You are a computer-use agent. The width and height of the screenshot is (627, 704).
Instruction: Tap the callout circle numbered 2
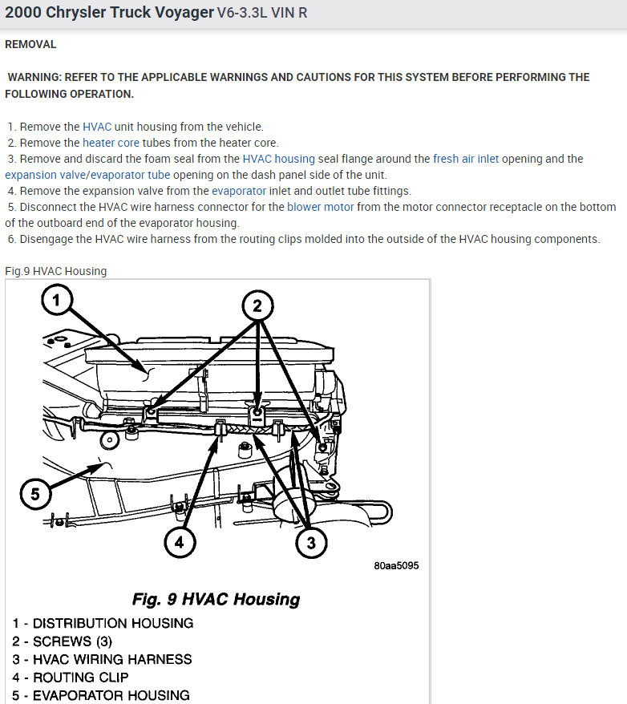pyautogui.click(x=257, y=305)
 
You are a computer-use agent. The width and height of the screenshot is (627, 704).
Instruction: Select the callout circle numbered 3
pyautogui.click(x=311, y=543)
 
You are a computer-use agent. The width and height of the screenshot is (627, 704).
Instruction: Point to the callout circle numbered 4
pyautogui.click(x=180, y=542)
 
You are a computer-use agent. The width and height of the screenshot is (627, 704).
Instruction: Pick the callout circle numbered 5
pyautogui.click(x=34, y=494)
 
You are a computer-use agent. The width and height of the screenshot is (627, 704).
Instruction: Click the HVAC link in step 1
pyautogui.click(x=97, y=127)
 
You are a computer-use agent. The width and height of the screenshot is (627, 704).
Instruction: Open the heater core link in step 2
pyautogui.click(x=112, y=143)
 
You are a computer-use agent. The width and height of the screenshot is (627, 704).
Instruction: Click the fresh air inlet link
pyautogui.click(x=466, y=159)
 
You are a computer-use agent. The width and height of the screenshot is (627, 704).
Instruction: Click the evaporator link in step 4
pyautogui.click(x=239, y=191)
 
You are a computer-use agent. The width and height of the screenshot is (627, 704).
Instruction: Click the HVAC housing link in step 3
pyautogui.click(x=279, y=159)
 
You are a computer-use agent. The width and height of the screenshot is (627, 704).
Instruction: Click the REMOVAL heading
pyautogui.click(x=30, y=44)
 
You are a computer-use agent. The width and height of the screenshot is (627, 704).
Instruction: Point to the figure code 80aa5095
pyautogui.click(x=396, y=566)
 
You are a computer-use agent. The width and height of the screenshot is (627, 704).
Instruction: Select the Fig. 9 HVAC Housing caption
pyautogui.click(x=216, y=599)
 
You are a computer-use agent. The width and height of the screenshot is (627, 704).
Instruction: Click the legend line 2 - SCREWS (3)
pyautogui.click(x=63, y=641)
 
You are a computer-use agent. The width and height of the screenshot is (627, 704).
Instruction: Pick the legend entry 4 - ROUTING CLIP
pyautogui.click(x=81, y=678)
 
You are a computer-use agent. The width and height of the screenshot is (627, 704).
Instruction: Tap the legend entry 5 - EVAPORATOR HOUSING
pyautogui.click(x=101, y=695)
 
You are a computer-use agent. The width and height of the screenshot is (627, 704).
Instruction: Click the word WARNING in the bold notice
pyautogui.click(x=34, y=77)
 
